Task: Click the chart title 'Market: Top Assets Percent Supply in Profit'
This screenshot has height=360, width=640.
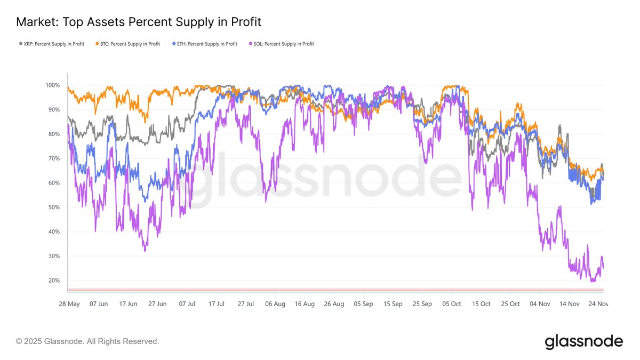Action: pyautogui.click(x=138, y=22)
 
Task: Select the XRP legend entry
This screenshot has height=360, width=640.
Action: pyautogui.click(x=51, y=44)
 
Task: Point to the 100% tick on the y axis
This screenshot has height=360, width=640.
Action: pyautogui.click(x=52, y=85)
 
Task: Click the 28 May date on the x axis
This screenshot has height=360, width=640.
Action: pyautogui.click(x=69, y=303)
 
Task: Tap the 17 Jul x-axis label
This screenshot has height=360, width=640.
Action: pyautogui.click(x=216, y=303)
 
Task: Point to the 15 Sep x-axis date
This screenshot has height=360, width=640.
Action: pyautogui.click(x=393, y=303)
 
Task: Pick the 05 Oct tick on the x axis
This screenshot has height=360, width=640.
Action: pyautogui.click(x=452, y=303)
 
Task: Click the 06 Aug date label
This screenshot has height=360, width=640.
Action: pyautogui.click(x=275, y=303)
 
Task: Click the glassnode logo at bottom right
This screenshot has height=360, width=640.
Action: pyautogui.click(x=583, y=341)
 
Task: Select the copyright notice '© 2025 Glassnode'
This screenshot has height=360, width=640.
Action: pyautogui.click(x=87, y=341)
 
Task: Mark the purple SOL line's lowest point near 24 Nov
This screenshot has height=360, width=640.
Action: pyautogui.click(x=593, y=281)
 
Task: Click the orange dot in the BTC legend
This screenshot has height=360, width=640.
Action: pyautogui.click(x=97, y=44)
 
